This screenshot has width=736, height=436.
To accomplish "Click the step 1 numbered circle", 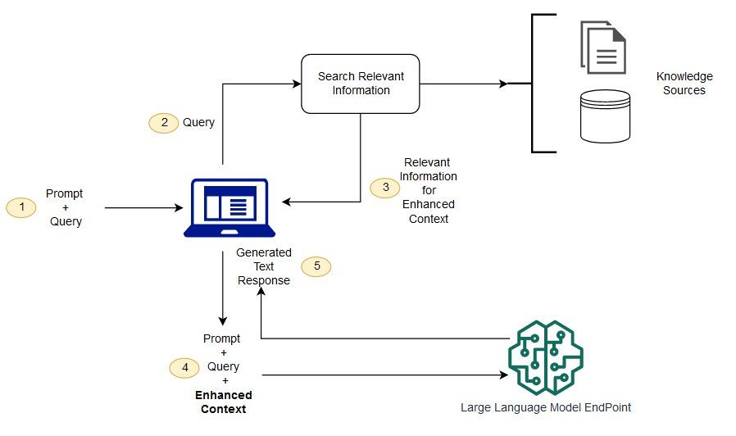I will point(21,208).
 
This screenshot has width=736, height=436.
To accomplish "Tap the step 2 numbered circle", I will point(164,123).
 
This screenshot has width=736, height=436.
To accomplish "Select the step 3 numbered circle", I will point(385,188).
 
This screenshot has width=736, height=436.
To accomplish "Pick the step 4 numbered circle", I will point(184,368).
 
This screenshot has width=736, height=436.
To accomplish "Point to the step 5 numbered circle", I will point(316,266).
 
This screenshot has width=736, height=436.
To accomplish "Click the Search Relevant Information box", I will point(361,84).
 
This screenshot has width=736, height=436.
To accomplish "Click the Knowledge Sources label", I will point(684,84).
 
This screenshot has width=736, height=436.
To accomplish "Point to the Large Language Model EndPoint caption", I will point(546,406).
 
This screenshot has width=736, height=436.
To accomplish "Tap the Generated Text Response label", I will point(264,266).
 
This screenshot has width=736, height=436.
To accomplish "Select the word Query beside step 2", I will point(198,123).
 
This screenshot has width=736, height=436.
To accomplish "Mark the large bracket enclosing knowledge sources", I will point(534,84).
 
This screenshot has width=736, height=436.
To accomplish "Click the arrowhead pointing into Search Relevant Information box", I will point(296,84).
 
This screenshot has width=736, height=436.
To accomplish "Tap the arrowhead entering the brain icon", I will point(502,376).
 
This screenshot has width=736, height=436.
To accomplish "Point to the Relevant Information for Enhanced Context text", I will point(429,191).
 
